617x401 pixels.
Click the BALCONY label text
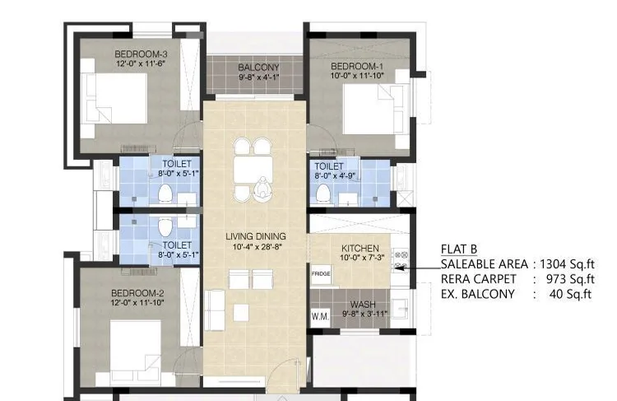pyautogui.click(x=258, y=68)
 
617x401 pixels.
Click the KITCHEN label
pyautogui.click(x=360, y=248)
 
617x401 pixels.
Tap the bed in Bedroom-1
pyautogui.click(x=370, y=111)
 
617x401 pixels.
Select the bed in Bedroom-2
pyautogui.click(x=136, y=346)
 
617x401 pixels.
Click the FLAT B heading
pyautogui.click(x=459, y=250)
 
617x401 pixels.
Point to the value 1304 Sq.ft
pyautogui.click(x=567, y=264)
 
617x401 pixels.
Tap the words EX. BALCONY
pyautogui.click(x=478, y=294)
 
